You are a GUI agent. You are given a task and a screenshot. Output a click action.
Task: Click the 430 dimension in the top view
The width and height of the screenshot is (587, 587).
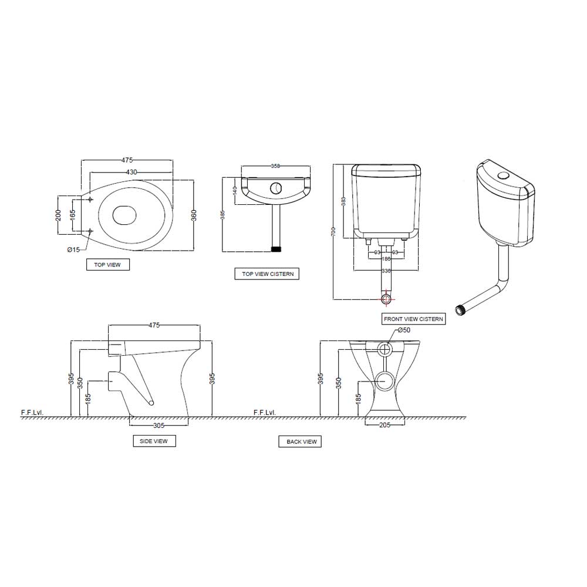point(131,172)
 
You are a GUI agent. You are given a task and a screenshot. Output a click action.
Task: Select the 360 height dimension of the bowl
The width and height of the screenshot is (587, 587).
point(194,215)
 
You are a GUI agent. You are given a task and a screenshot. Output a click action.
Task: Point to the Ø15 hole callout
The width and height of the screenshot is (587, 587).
point(73,249)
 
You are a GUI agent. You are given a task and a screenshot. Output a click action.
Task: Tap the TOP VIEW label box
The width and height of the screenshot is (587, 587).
point(107,265)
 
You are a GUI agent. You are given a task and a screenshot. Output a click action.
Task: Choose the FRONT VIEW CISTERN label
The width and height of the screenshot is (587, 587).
point(413,319)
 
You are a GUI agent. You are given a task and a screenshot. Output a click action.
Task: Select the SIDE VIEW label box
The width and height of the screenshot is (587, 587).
point(154,441)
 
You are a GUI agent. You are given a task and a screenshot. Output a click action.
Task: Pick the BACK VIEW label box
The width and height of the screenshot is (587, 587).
point(301,441)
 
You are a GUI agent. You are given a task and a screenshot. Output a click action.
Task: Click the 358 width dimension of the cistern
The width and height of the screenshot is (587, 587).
point(275,166)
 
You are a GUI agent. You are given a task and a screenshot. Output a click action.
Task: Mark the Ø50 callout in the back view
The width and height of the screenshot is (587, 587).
point(403,330)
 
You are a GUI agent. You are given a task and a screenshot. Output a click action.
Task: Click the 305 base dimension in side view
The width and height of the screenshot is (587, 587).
point(158,425)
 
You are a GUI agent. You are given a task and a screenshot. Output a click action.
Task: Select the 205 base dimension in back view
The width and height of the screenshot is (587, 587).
point(384,425)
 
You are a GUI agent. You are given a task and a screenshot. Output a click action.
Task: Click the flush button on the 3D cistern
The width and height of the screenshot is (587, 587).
point(502,176)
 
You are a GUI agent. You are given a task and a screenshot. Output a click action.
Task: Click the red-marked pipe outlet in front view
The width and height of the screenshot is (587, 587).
point(386,299)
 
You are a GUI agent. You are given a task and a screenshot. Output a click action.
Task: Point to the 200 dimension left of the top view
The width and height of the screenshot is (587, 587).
point(58,215)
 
